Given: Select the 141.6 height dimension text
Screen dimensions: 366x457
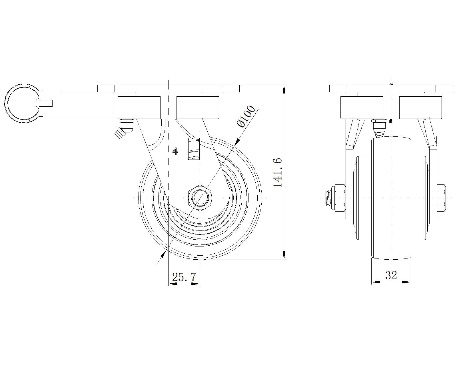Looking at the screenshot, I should [x=278, y=172].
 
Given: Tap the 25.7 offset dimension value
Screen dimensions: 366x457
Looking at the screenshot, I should [x=184, y=277].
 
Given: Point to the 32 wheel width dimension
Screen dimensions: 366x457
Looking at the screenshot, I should [x=391, y=275].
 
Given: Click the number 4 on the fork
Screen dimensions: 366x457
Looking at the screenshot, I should [x=175, y=151].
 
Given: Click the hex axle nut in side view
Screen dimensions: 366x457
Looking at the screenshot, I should [x=200, y=198].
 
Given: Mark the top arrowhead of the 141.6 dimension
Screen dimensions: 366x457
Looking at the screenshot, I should [x=284, y=89].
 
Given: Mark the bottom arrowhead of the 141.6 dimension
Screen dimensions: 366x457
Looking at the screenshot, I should [x=284, y=255].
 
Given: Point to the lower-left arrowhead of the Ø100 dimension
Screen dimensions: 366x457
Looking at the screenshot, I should [x=163, y=253].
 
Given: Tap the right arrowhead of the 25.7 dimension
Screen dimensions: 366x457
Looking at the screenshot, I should [x=196, y=284].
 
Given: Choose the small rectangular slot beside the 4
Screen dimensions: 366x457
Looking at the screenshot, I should [x=193, y=149].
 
